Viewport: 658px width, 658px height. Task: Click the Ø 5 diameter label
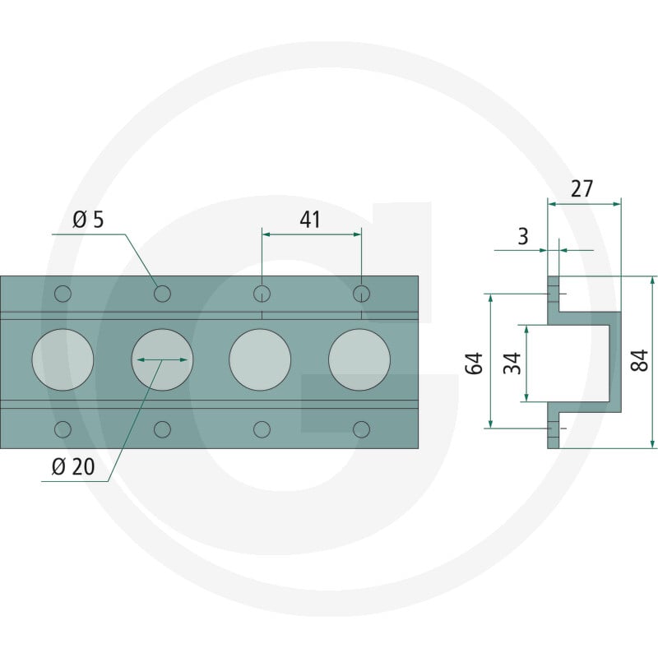pyautogui.click(x=88, y=220)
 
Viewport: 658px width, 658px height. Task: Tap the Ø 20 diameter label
pyautogui.click(x=73, y=466)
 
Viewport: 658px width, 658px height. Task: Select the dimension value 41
pyautogui.click(x=310, y=220)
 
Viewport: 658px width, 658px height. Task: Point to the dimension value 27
pyautogui.click(x=582, y=188)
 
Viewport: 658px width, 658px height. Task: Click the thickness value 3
pyautogui.click(x=523, y=236)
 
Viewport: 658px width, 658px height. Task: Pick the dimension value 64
pyautogui.click(x=475, y=364)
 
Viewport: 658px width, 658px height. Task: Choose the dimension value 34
pyautogui.click(x=512, y=364)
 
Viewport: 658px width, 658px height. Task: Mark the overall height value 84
pyautogui.click(x=640, y=360)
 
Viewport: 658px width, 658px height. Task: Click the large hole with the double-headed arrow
pyautogui.click(x=162, y=359)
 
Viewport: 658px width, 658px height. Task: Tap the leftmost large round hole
pyautogui.click(x=63, y=359)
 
